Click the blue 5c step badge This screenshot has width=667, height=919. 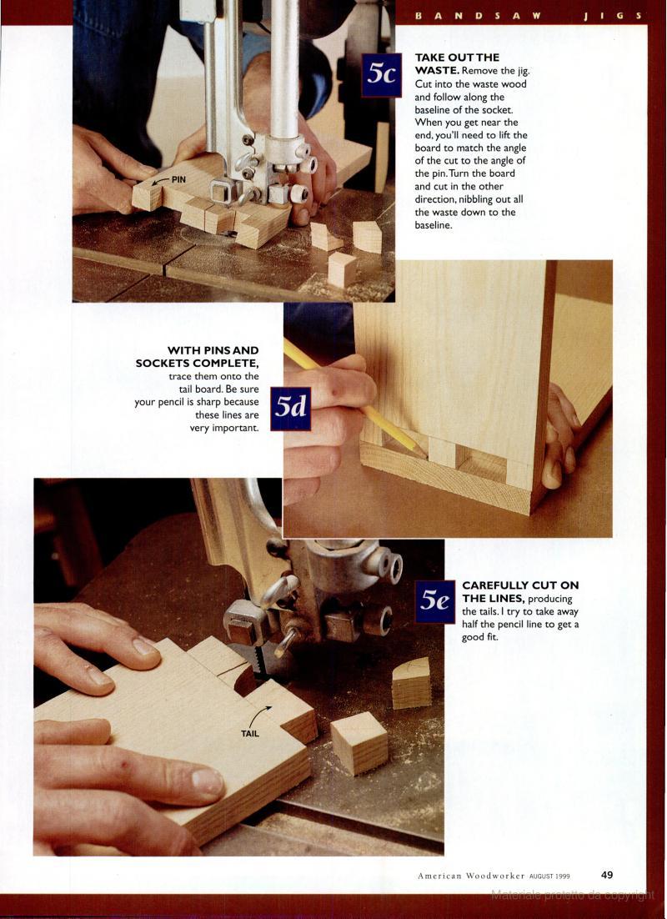coord(382,75)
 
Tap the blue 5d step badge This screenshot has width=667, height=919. coord(291,409)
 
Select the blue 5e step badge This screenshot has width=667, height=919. coord(435,601)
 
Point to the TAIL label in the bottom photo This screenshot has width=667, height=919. coord(249,733)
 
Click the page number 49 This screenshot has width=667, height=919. coord(607,875)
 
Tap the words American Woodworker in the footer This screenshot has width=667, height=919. coord(471,876)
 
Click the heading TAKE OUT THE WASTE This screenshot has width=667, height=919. coord(457,64)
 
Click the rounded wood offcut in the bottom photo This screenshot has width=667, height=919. coord(411,683)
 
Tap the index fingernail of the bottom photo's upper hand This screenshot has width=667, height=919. coord(145,646)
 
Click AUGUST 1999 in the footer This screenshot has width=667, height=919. coord(549,876)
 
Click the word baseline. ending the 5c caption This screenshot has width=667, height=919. coord(434,225)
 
